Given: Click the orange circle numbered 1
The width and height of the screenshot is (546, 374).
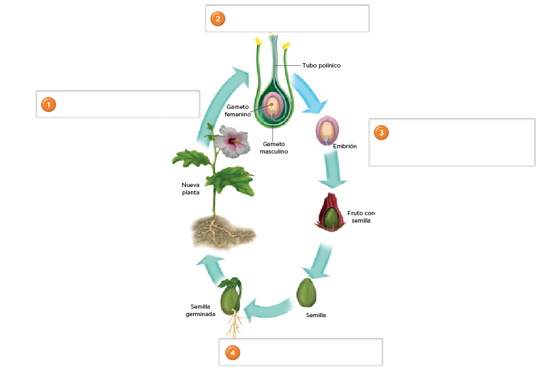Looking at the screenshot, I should (x=48, y=105).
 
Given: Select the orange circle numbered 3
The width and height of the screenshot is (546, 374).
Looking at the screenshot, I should (x=381, y=133).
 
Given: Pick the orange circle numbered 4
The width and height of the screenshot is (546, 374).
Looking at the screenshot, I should (x=232, y=352).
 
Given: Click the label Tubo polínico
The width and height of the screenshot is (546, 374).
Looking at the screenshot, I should (x=321, y=65).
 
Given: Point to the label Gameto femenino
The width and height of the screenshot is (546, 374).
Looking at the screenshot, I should (x=236, y=110).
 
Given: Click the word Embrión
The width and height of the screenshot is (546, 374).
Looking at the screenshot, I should (x=345, y=146).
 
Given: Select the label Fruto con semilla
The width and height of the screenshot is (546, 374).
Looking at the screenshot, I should (x=361, y=216).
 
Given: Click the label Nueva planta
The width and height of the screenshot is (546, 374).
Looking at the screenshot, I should (x=191, y=189).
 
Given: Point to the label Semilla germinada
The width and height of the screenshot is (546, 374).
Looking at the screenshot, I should (x=200, y=310).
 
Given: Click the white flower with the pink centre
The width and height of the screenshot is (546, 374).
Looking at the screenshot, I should (x=233, y=141).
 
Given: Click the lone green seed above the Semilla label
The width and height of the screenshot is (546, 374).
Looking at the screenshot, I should (x=307, y=293).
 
